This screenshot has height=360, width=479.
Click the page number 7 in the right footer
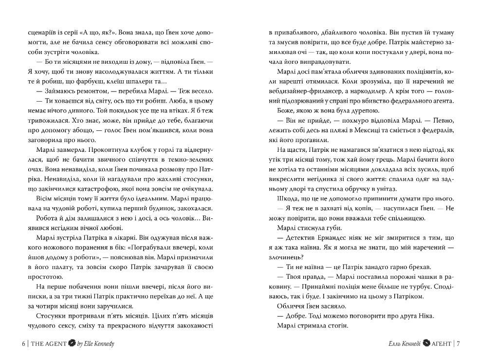(458, 343)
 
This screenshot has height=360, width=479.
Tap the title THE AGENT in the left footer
(48, 343)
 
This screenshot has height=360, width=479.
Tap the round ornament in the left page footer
(71, 343)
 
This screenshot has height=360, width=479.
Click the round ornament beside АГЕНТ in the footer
(425, 343)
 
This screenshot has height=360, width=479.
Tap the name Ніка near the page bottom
(424, 316)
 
